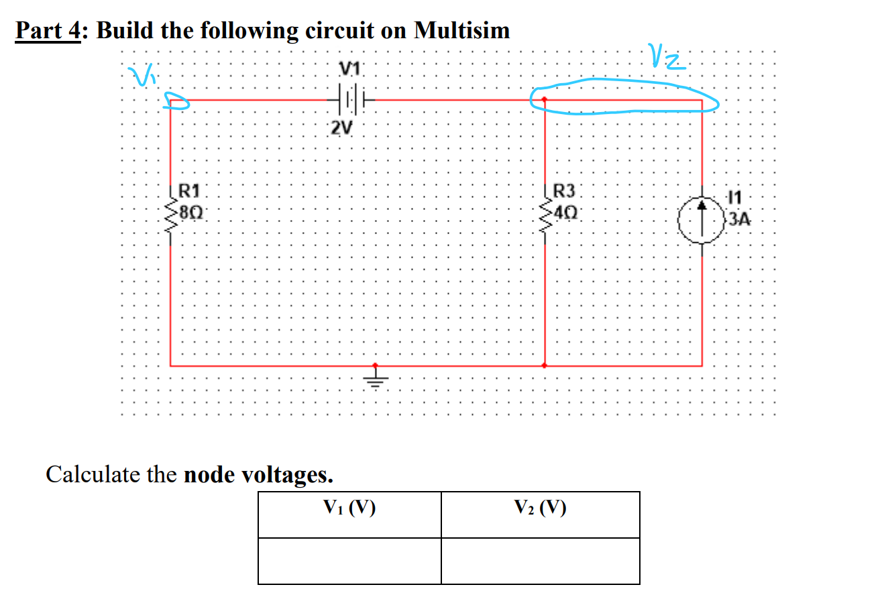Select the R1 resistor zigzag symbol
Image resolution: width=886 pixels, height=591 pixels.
click(170, 216)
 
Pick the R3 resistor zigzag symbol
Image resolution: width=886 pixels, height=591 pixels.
click(545, 216)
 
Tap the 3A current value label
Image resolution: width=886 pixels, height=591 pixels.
click(740, 219)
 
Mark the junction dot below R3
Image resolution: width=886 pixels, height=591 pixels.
click(545, 366)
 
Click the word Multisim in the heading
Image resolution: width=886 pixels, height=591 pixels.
click(461, 30)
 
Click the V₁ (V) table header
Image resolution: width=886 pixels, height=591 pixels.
click(349, 508)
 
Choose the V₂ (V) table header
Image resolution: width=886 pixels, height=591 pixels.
click(540, 508)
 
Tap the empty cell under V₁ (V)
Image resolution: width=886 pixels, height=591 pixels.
click(349, 561)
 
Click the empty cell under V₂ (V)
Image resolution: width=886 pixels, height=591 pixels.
click(540, 561)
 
